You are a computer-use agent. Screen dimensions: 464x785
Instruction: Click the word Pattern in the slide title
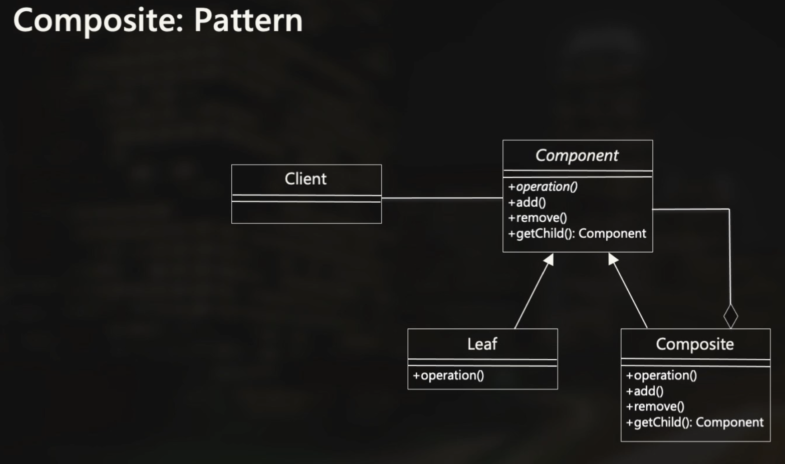click(x=248, y=21)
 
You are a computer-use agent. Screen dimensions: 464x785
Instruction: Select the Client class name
click(x=306, y=179)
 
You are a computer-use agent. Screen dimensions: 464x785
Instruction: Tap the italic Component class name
click(x=577, y=156)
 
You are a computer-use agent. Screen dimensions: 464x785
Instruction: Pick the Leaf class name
click(x=482, y=344)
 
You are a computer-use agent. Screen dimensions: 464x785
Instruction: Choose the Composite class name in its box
click(x=695, y=344)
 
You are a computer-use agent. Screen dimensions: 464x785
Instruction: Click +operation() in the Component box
click(x=542, y=187)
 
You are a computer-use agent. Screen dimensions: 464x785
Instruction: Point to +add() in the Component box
click(x=527, y=203)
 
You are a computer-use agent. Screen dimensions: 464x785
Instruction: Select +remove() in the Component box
click(x=537, y=218)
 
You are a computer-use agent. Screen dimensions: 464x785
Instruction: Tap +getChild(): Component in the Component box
click(x=577, y=234)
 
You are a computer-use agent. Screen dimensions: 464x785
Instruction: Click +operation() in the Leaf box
click(x=448, y=376)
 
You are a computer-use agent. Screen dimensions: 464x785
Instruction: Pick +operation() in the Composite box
click(x=661, y=376)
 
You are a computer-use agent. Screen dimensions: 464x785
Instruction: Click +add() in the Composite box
click(x=645, y=391)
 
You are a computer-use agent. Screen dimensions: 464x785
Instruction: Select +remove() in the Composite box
click(x=655, y=407)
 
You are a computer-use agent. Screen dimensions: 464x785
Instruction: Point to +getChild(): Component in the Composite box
click(x=694, y=422)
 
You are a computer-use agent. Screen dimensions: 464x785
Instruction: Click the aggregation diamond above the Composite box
click(x=730, y=316)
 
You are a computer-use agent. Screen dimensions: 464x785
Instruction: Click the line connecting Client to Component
click(x=442, y=198)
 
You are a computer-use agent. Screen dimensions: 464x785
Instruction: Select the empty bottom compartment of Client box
click(x=306, y=213)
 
